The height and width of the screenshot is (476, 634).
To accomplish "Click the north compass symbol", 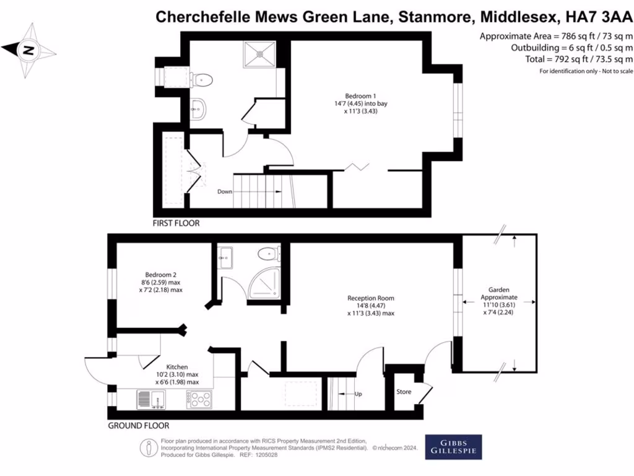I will (27, 50).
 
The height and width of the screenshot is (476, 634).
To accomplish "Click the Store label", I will (404, 392).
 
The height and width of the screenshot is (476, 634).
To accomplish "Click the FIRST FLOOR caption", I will (176, 223).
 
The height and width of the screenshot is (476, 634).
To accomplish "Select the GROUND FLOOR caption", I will (138, 426).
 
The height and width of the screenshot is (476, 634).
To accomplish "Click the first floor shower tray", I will (260, 53).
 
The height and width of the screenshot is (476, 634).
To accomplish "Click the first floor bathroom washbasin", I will (198, 108).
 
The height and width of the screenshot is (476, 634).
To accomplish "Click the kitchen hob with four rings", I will (199, 400).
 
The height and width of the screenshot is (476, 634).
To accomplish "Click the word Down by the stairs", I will (225, 192).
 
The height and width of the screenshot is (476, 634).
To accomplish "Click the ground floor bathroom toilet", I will (268, 253).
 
